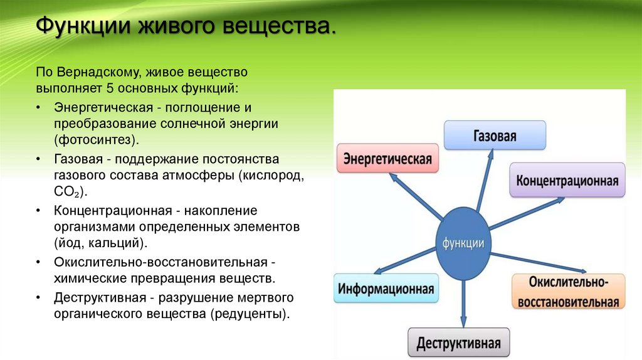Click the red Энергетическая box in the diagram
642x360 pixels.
(387, 158)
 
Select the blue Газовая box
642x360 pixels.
(495, 135)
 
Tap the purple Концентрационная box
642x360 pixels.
(567, 181)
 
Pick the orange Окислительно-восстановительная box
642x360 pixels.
(568, 292)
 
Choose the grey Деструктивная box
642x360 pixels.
(459, 343)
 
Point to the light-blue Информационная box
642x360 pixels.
(386, 289)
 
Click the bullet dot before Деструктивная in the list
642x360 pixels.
(39, 297)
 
